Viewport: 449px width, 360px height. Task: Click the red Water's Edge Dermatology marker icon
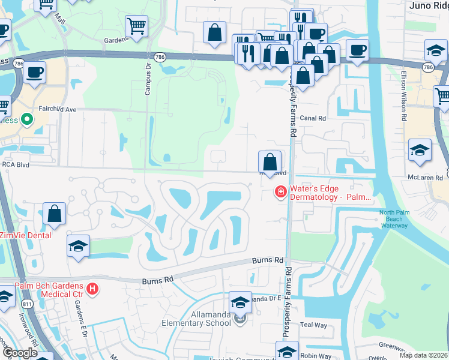coord(280,192)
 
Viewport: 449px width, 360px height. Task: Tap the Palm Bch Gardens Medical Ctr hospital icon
coord(92,289)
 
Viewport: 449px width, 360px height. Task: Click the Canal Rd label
coord(312,119)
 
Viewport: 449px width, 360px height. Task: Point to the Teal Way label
coord(313,325)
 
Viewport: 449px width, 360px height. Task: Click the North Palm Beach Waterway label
coord(393,220)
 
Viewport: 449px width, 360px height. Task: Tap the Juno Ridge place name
coord(429,5)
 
